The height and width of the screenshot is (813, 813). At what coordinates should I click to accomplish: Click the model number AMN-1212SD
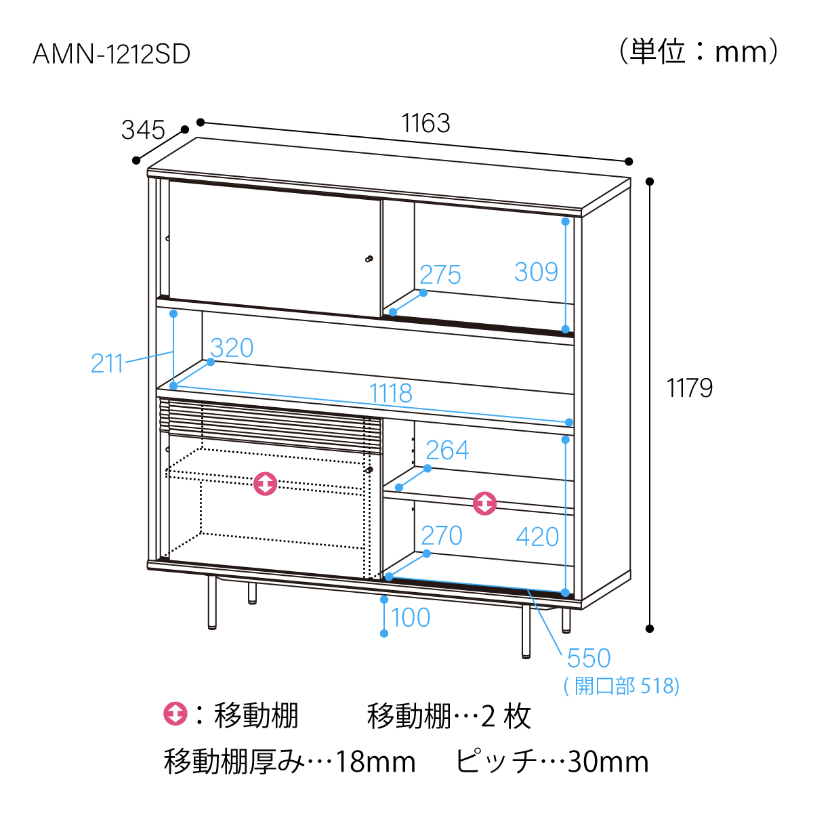pos(111,54)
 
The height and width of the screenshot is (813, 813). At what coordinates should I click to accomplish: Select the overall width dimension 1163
pos(425,123)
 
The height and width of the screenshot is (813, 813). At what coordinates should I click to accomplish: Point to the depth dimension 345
pos(142,130)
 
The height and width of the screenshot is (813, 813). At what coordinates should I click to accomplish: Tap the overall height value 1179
pos(689,388)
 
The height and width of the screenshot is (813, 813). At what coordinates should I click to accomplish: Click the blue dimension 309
pos(536,272)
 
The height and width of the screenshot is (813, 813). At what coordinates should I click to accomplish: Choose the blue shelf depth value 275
pos(440,274)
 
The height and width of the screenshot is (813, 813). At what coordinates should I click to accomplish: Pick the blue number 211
pos(107,363)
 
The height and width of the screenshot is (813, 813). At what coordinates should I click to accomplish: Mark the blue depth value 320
pos(232,348)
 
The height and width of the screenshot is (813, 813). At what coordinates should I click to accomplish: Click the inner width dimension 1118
pos(391,393)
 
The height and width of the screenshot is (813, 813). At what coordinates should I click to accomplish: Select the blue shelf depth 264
pos(447,450)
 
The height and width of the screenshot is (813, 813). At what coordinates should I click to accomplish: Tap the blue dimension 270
pos(442,535)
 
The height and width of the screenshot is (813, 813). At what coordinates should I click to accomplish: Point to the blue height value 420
pos(537,537)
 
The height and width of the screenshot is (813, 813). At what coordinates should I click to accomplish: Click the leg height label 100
pos(411,618)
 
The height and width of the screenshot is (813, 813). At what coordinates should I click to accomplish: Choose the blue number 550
pos(589,658)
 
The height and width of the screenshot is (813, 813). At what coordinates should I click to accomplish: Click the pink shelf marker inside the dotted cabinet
pos(266,484)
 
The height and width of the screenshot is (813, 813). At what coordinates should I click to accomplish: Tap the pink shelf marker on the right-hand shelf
pos(485,503)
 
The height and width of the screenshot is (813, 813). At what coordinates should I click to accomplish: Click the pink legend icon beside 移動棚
pos(175,714)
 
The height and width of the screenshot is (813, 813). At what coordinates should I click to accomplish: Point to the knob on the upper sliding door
pos(369,259)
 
